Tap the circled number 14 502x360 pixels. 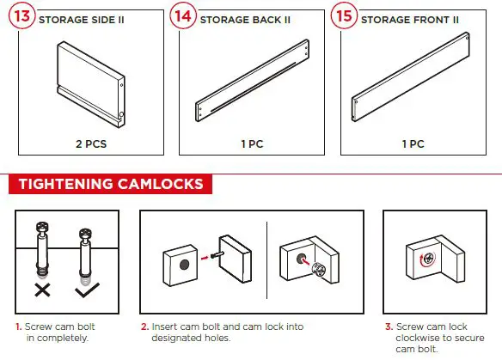coord(183,18)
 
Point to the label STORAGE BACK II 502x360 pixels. coord(245,19)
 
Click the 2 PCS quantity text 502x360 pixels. coord(89,144)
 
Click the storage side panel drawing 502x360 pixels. coord(89,82)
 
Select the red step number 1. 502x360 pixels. coord(18,326)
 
